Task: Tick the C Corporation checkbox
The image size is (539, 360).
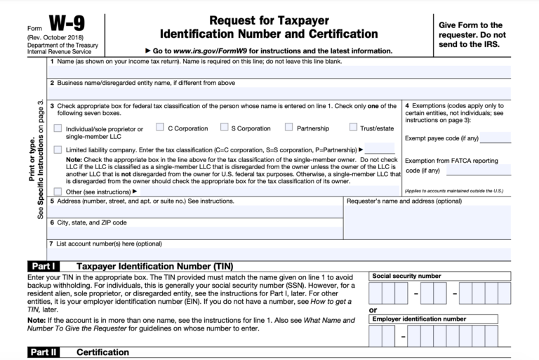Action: pyautogui.click(x=159, y=127)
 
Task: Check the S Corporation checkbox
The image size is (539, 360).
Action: pyautogui.click(x=225, y=127)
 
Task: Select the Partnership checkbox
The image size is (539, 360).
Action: pyautogui.click(x=289, y=127)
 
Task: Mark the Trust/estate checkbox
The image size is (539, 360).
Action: pyautogui.click(x=354, y=127)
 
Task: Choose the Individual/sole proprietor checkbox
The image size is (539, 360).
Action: pyautogui.click(x=57, y=128)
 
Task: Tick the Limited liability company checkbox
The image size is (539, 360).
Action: pyautogui.click(x=57, y=149)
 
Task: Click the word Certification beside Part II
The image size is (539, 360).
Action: pyautogui.click(x=102, y=352)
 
